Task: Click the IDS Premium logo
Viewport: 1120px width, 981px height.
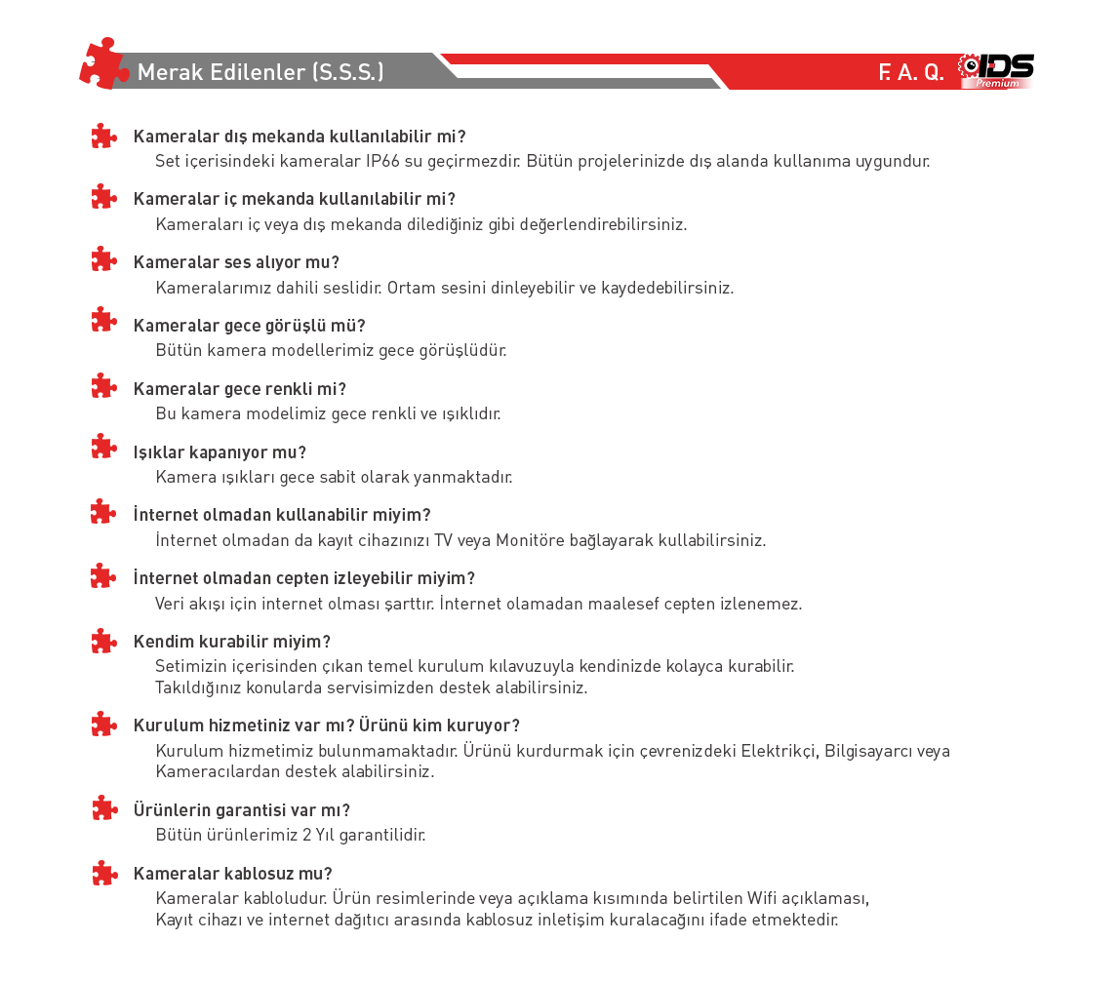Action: [997, 70]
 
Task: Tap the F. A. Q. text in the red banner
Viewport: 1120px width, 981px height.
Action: [911, 73]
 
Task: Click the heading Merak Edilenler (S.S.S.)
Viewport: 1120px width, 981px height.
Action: [260, 72]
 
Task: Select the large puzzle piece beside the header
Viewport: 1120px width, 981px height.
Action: [103, 64]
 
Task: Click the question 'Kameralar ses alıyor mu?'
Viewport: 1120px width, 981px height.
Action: [236, 262]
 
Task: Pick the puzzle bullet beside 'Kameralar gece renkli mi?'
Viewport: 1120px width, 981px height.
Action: [103, 387]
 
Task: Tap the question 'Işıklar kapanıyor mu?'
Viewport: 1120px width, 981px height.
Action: [220, 452]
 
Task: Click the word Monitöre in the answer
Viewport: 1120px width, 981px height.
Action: [536, 540]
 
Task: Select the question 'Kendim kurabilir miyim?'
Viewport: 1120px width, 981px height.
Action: [232, 642]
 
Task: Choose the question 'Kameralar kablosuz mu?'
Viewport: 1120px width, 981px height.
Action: [232, 874]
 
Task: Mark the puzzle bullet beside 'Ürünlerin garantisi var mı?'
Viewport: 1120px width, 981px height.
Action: [103, 808]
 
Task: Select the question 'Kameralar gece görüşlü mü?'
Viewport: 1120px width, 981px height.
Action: [249, 326]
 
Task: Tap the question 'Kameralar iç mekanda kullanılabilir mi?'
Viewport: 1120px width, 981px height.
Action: [294, 199]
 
